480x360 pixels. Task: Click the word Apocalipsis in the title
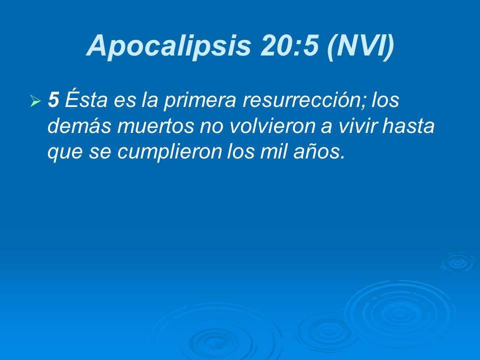[170, 46]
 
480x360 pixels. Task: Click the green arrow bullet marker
[35, 102]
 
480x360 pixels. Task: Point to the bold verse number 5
[53, 100]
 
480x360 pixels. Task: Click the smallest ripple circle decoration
[456, 261]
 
